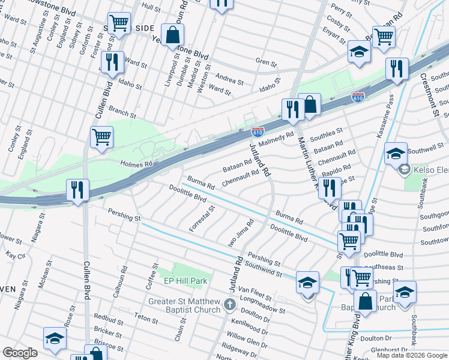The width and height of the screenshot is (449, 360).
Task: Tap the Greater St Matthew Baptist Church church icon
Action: pyautogui.click(x=229, y=305)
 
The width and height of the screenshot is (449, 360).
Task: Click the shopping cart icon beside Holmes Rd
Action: pyautogui.click(x=101, y=137)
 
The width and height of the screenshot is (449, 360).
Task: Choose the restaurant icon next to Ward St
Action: pyautogui.click(x=112, y=62)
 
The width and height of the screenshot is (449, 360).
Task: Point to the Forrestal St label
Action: pyautogui.click(x=202, y=219)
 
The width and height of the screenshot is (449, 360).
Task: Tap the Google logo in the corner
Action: pyautogui.click(x=20, y=353)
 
